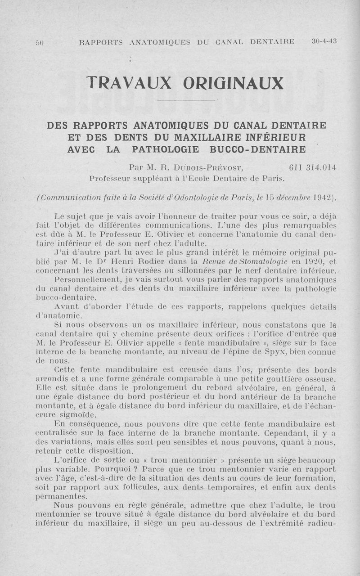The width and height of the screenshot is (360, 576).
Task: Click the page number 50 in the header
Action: pyautogui.click(x=39, y=43)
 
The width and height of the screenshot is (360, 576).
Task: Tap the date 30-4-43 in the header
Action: pyautogui.click(x=324, y=41)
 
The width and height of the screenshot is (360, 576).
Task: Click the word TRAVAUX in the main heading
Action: pyautogui.click(x=129, y=83)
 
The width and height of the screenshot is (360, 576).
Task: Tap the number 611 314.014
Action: pyautogui.click(x=312, y=167)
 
